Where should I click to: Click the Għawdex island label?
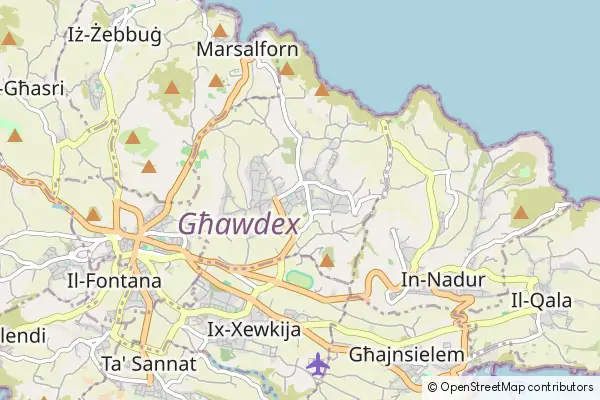point(239,225)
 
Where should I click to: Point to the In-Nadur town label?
point(443,280)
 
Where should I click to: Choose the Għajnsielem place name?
point(407,355)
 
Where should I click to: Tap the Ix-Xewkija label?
point(254,329)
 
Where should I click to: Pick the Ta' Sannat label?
point(150,362)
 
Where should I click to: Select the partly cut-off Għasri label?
point(32,88)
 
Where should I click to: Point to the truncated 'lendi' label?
point(22,335)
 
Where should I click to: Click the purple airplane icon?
point(319,364)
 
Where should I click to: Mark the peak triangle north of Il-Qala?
point(521,212)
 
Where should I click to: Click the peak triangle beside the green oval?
point(327,261)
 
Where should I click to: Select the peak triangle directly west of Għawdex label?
point(93,214)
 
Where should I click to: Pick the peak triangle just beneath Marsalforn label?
point(216,80)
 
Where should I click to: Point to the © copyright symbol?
point(432,387)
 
